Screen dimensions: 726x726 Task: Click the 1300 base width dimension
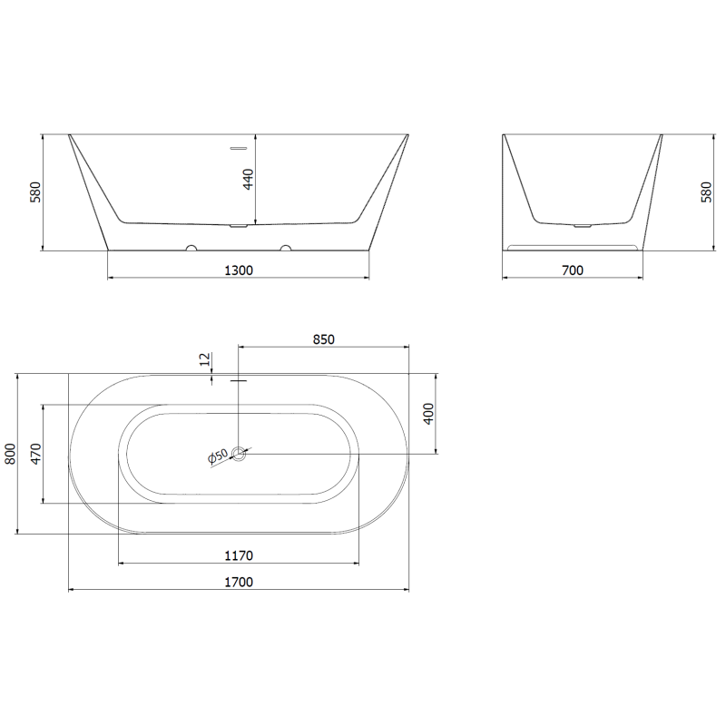[x=238, y=270]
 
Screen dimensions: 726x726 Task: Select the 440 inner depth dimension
[x=248, y=178]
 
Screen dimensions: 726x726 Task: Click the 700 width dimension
[x=573, y=270]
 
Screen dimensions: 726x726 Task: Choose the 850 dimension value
[x=324, y=339]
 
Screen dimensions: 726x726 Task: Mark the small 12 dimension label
[x=205, y=361]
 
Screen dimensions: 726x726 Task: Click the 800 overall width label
[x=11, y=454]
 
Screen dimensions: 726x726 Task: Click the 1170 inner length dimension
[x=238, y=555]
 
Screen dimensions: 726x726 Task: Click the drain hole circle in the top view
[x=239, y=454]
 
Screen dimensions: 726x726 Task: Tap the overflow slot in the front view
[x=238, y=146]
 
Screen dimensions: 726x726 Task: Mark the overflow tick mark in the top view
[x=239, y=381]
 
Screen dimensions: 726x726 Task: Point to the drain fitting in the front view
[x=238, y=225]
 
